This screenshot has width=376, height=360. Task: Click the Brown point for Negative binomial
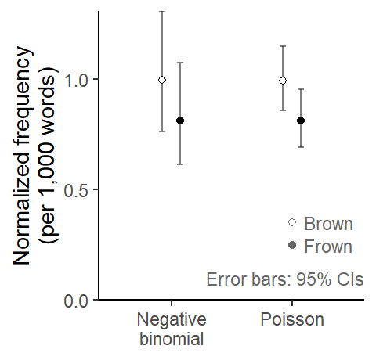[162, 80]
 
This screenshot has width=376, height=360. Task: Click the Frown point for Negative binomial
[180, 121]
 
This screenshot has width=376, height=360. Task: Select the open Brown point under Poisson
[283, 81]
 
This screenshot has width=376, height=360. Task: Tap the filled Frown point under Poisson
[301, 121]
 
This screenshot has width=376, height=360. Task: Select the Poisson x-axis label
[292, 319]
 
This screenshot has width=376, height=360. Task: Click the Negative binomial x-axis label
[172, 329]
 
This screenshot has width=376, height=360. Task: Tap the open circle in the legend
[292, 222]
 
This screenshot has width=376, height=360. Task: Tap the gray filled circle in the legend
[292, 245]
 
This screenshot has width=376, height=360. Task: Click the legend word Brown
[328, 224]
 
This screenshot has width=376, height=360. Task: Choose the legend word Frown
[328, 247]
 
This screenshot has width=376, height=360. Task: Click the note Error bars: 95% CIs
[285, 279]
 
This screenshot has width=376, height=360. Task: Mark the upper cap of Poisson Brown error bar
[283, 46]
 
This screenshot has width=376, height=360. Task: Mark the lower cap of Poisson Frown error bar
[301, 147]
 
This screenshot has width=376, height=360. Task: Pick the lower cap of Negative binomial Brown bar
[162, 131]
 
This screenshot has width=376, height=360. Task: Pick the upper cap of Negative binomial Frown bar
[180, 63]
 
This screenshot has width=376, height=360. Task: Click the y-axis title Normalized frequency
[23, 156]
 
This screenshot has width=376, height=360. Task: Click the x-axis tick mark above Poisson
[292, 303]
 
